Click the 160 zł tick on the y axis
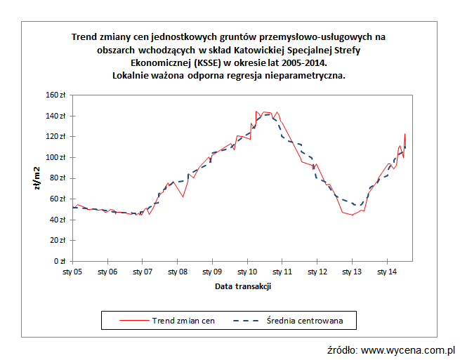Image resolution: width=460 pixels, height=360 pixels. coord(56,95)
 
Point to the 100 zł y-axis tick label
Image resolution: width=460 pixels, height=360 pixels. coord(56,157)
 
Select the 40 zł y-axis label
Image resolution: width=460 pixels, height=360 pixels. coord(58,220)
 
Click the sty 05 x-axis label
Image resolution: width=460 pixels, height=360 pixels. coord(73,271)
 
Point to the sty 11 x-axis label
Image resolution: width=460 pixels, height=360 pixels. coord(282,271)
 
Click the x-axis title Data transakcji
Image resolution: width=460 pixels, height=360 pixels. coord(243,286)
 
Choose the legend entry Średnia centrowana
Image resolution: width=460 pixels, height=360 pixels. coord(303,320)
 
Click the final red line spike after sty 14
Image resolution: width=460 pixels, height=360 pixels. coord(405,134)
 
